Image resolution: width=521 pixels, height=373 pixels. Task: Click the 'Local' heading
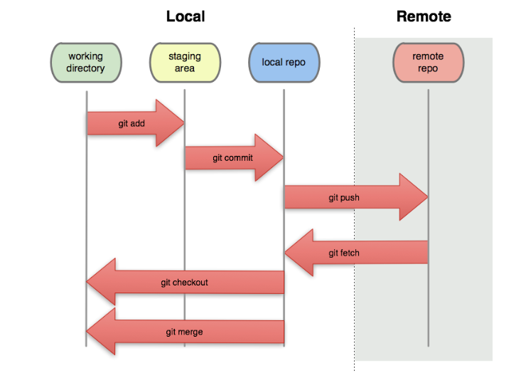point(186,16)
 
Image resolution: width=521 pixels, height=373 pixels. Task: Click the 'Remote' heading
point(424,16)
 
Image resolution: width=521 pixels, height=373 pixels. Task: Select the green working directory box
point(86,63)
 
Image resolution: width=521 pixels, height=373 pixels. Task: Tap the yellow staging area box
point(185,63)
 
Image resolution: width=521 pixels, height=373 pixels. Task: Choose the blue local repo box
point(284,63)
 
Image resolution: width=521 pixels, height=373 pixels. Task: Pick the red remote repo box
point(428,63)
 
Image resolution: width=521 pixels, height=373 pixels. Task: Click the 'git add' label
point(131,123)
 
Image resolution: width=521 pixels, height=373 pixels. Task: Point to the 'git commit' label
point(232,157)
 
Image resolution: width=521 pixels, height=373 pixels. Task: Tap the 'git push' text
point(343,197)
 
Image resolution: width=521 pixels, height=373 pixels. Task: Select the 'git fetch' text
point(344,253)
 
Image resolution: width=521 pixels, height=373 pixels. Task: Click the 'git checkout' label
point(184,283)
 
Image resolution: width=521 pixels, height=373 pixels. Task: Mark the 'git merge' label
point(184,332)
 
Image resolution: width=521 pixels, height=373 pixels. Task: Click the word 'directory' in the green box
point(86,69)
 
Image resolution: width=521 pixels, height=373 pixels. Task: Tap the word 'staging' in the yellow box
point(185,56)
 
